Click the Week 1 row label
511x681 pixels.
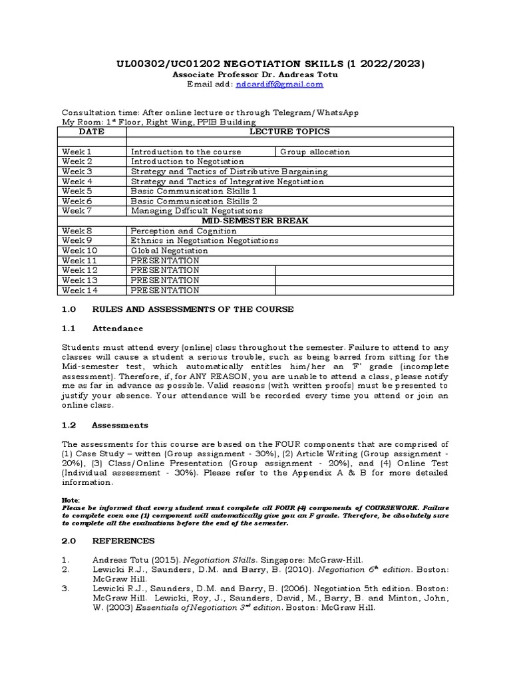tap(77, 152)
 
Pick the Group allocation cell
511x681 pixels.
tap(315, 152)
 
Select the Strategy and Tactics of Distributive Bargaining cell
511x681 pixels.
tap(229, 171)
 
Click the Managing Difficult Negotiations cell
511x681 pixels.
tap(196, 211)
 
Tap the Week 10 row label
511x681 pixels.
tap(79, 251)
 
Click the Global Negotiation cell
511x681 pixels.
tap(169, 251)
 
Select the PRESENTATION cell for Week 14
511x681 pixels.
tap(164, 290)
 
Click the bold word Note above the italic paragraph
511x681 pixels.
tap(71, 499)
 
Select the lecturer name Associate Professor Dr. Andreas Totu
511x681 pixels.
tap(255, 74)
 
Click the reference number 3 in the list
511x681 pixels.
tap(65, 589)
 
